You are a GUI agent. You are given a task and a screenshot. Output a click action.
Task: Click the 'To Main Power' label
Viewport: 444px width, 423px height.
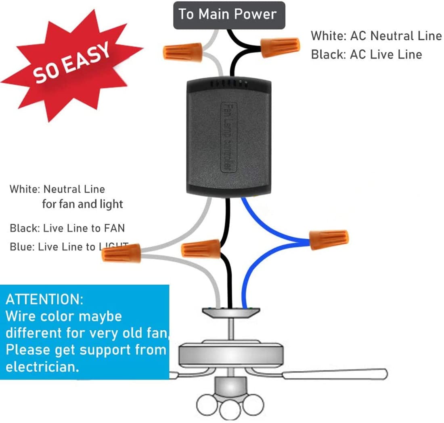tap(228, 15)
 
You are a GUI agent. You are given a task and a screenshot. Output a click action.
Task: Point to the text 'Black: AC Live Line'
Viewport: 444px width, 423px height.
tap(366, 54)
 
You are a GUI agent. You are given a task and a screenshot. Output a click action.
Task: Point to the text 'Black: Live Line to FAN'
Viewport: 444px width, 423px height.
tap(67, 228)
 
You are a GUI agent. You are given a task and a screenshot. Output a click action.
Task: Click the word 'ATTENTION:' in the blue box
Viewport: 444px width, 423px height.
tap(44, 300)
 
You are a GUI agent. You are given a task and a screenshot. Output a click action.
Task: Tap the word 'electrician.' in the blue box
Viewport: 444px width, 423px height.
tap(42, 367)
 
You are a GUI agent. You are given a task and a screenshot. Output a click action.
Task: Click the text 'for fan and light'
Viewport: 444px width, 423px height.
tap(82, 204)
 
